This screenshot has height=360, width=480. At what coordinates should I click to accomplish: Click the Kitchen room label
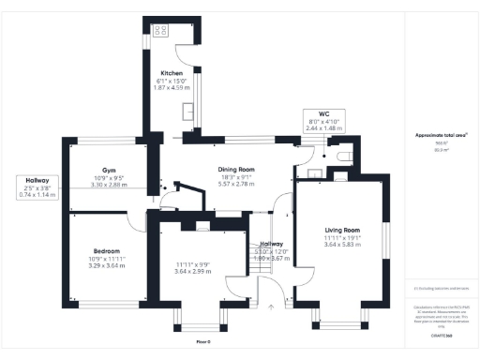point(172,73)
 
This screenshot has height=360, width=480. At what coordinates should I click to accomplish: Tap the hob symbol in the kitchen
point(158,31)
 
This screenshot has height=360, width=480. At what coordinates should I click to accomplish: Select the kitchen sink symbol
point(190,112)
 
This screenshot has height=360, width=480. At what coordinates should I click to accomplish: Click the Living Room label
point(342,230)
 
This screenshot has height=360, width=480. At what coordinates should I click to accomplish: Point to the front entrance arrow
point(270,306)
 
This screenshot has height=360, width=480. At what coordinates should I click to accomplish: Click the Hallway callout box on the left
point(37,187)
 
